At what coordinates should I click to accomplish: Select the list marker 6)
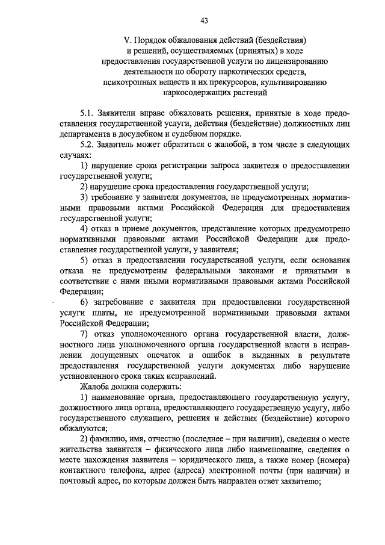point(85,302)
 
